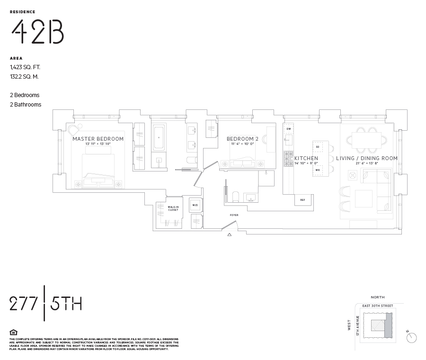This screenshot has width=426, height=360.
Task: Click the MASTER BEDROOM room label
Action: (x=98, y=139)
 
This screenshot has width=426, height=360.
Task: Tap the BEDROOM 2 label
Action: (x=243, y=139)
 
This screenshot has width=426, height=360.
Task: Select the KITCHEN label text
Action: (x=306, y=158)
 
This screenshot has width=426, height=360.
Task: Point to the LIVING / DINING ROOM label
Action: (x=367, y=158)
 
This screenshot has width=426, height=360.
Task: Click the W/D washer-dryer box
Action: (x=195, y=205)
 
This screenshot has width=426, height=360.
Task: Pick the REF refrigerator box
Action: (x=302, y=200)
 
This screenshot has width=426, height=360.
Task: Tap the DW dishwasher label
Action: (x=288, y=129)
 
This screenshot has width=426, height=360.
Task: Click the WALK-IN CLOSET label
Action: (x=173, y=208)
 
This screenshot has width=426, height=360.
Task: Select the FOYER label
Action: (x=234, y=215)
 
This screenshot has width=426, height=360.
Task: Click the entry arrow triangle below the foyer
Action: (x=230, y=234)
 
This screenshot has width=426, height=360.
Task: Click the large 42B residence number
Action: (x=37, y=32)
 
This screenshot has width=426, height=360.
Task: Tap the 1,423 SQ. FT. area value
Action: (x=25, y=67)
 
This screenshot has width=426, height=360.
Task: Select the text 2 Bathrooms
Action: (x=26, y=105)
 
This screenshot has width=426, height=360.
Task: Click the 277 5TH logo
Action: (x=45, y=304)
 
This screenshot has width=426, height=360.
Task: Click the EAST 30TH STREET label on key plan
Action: (x=377, y=306)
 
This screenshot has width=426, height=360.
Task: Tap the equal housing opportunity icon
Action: (x=13, y=332)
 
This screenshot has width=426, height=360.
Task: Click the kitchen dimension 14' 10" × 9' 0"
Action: (x=306, y=163)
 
